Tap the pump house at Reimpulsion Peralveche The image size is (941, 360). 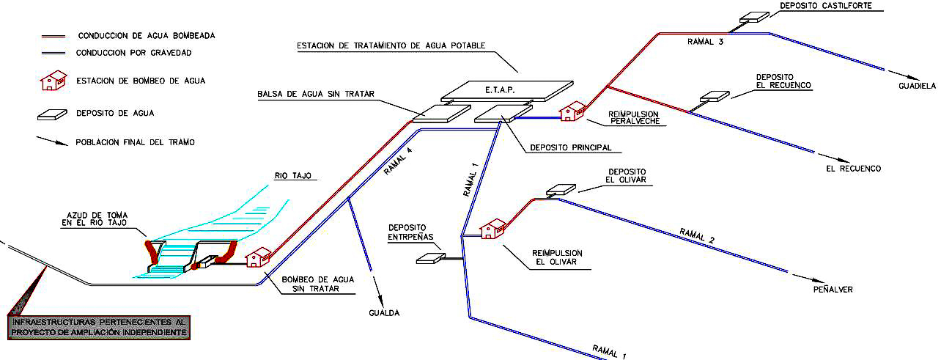click(572, 111)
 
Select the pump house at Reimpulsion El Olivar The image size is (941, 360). click(492, 228)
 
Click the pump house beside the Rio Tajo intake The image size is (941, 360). click(259, 257)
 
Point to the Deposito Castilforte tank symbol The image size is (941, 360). click(753, 17)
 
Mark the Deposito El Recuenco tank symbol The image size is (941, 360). click(715, 95)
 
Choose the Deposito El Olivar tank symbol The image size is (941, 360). click(561, 188)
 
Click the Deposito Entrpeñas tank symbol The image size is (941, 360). click(430, 257)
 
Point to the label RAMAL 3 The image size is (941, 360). click(706, 43)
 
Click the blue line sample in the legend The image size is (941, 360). click(53, 53)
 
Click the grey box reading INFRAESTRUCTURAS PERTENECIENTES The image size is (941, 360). click(97, 327)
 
